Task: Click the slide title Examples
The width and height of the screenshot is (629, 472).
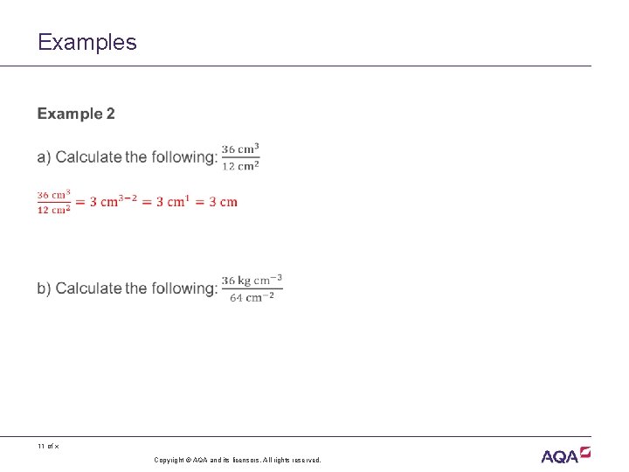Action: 87,42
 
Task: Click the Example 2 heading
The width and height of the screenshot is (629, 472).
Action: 76,114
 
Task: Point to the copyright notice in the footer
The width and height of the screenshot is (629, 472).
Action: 238,460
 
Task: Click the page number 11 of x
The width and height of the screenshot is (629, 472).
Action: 48,447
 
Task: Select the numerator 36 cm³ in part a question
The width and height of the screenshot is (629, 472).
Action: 240,149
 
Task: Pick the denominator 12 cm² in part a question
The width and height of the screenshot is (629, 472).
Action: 240,165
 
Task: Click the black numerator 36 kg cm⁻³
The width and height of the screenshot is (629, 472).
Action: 252,280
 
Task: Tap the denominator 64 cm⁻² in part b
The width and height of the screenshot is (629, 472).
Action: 252,296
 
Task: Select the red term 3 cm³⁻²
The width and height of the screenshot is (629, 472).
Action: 119,202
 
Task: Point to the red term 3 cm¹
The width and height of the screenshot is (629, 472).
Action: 171,202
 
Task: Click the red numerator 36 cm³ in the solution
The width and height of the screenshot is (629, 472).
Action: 54,195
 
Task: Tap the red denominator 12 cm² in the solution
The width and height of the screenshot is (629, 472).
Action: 54,210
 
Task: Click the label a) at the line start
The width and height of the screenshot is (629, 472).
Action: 44,157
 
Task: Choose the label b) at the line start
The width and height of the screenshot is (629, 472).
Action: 44,288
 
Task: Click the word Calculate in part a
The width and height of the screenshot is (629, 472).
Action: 88,157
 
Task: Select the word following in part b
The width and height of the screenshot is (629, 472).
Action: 184,288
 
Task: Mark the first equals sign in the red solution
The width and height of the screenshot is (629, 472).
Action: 79,203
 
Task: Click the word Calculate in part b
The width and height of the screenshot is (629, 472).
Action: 88,288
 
